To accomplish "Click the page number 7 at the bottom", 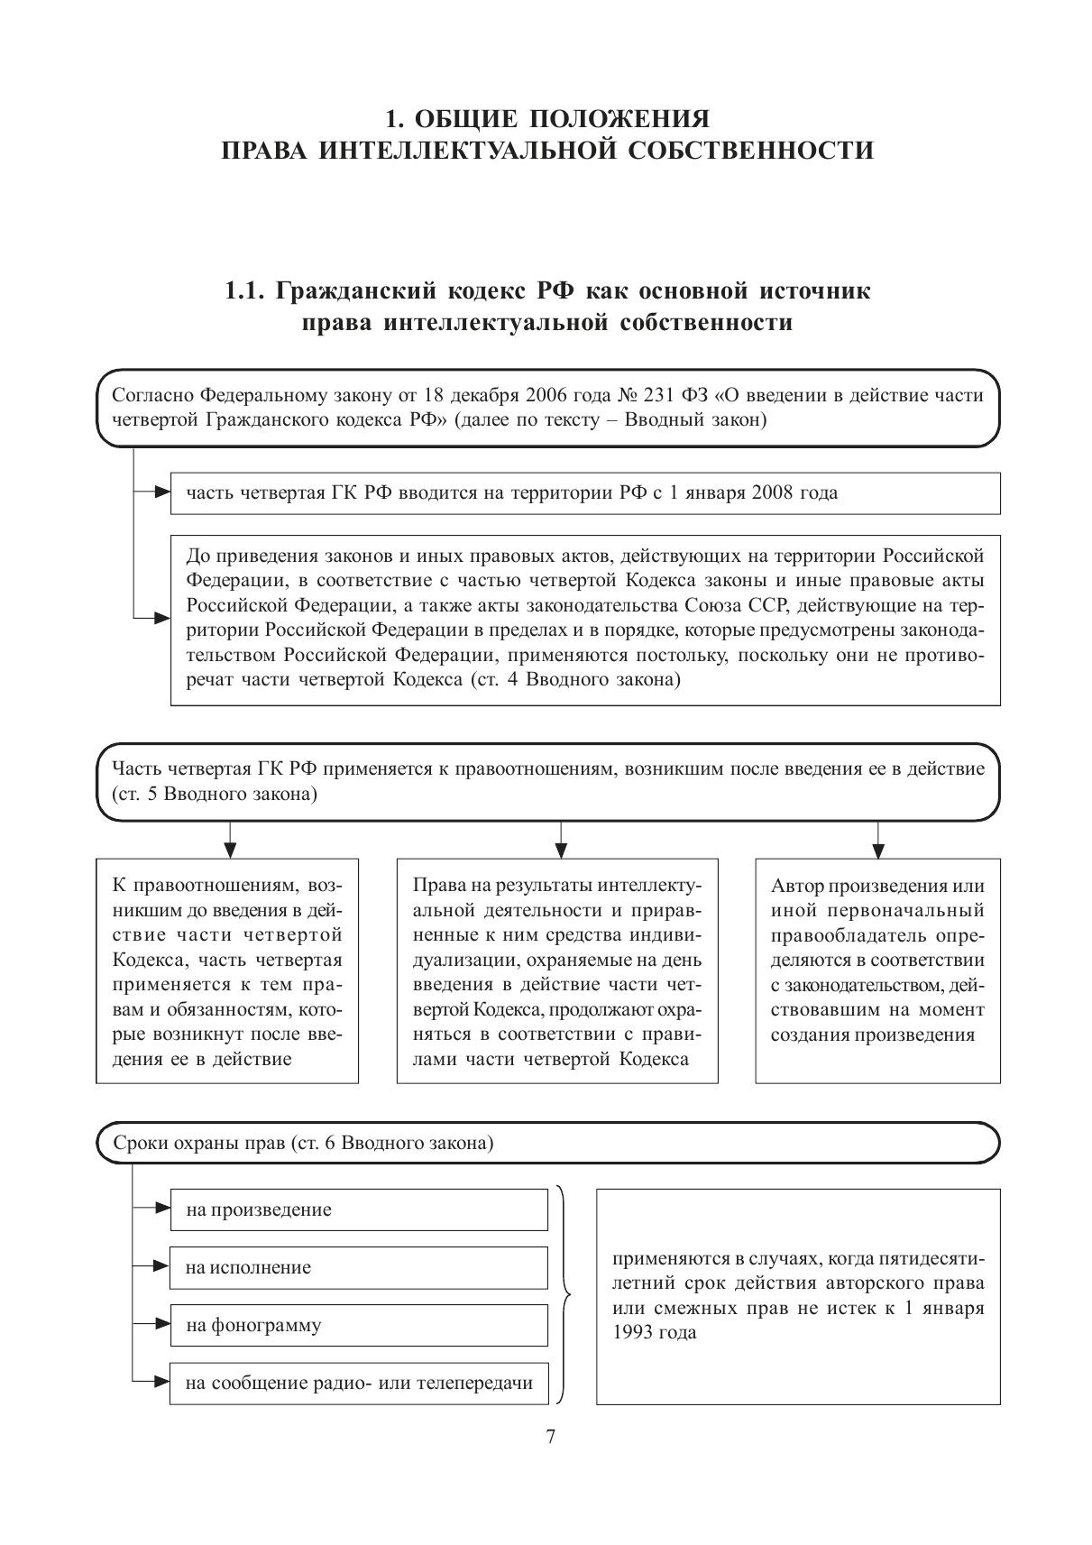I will [550, 1437].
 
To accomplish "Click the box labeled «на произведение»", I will [358, 1209].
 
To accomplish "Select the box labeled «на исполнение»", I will [358, 1267].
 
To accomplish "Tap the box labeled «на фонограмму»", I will [358, 1325].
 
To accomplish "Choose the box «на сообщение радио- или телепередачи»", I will [358, 1383].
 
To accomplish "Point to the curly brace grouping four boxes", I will [564, 1296].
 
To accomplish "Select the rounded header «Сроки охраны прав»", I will [548, 1143].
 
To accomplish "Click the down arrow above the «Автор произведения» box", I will [878, 849].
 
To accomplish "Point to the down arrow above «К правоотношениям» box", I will [230, 849].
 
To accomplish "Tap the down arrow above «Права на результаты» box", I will [561, 849].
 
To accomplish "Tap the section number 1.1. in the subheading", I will [245, 291].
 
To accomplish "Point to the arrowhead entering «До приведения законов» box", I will [162, 619].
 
